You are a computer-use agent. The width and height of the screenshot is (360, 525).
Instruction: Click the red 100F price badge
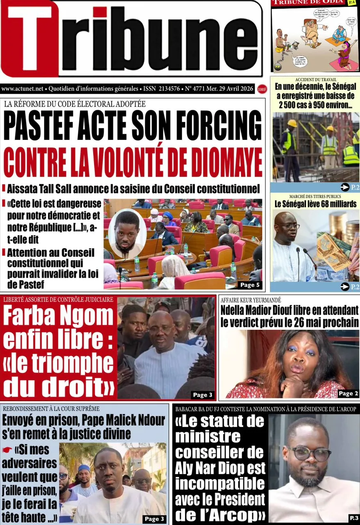(262, 89)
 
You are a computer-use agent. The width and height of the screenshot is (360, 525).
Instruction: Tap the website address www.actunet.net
(22, 88)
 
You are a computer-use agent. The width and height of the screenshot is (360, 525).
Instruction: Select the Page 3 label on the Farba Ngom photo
(203, 395)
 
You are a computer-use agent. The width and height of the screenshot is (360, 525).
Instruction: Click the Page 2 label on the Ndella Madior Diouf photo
(348, 393)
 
